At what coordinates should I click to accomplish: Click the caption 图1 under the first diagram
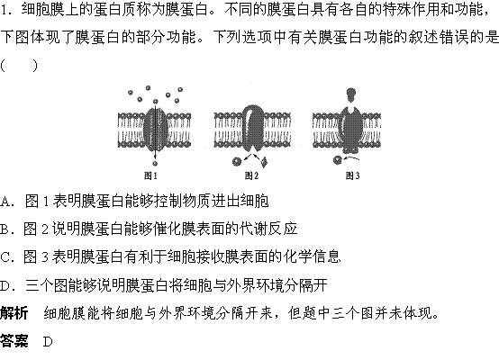150,175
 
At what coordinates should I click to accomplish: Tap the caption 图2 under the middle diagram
251,175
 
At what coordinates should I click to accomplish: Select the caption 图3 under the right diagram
352,175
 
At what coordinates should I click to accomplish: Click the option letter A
5,202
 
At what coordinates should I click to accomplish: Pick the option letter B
5,229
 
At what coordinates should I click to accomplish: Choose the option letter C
5,257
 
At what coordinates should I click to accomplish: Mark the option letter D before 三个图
5,285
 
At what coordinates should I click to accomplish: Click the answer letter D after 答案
48,342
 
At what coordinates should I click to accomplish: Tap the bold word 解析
14,313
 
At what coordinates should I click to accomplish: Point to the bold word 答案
14,341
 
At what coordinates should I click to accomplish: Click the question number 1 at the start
4,10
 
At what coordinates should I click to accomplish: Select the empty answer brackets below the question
19,66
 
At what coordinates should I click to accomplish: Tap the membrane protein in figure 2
253,128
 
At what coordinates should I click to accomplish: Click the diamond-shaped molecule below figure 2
264,162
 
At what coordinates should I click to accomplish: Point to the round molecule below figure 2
237,162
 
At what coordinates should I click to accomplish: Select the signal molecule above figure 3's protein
351,94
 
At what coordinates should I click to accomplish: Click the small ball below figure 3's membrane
338,160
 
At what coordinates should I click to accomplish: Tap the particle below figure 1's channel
155,164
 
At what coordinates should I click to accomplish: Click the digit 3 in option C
45,257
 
